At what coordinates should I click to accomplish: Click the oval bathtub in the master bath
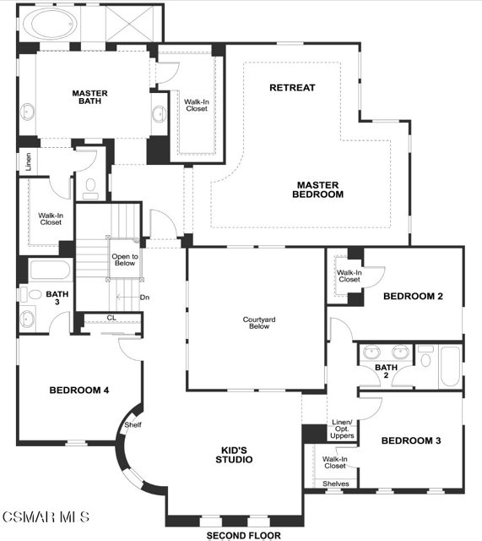pos(51,24)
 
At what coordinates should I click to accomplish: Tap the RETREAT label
pos(292,88)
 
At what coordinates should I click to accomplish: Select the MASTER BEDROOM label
pos(317,189)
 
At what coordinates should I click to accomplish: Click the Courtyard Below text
pos(259,323)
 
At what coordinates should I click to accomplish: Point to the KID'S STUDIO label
pos(234,455)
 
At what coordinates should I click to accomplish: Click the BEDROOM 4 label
pos(79,391)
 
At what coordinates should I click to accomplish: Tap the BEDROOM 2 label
pos(413,296)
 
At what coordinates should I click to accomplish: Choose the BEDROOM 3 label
pos(411,440)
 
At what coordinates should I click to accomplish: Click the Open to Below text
pos(125,260)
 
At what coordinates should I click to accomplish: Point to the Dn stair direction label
pos(144,298)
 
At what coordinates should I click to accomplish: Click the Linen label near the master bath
pos(28,161)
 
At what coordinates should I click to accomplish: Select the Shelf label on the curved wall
pos(133,424)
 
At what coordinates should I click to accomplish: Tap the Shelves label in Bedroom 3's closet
pos(336,484)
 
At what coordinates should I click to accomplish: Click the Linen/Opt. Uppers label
pos(342,429)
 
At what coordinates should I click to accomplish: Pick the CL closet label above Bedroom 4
pos(111,318)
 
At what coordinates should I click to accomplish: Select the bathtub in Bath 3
pos(51,270)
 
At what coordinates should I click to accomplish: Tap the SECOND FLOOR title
pos(244,535)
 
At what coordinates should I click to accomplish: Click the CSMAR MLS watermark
pos(46,516)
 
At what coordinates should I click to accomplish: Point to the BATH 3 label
pos(57,298)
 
